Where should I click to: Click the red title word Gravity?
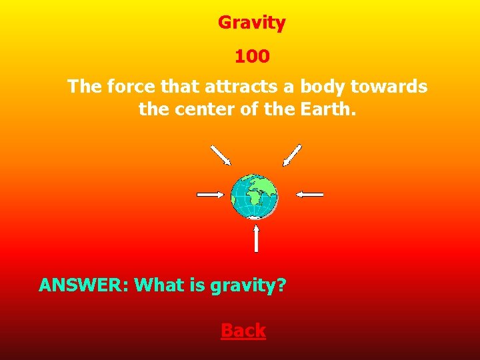251,23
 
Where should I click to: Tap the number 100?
251,57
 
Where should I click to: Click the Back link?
243,331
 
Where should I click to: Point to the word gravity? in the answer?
248,286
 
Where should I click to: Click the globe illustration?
254,196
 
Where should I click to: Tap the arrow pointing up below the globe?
256,238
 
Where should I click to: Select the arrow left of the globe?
211,194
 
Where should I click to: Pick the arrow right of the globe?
309,194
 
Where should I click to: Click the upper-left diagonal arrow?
221,155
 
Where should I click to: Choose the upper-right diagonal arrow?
292,155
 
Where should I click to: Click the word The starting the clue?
83,87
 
